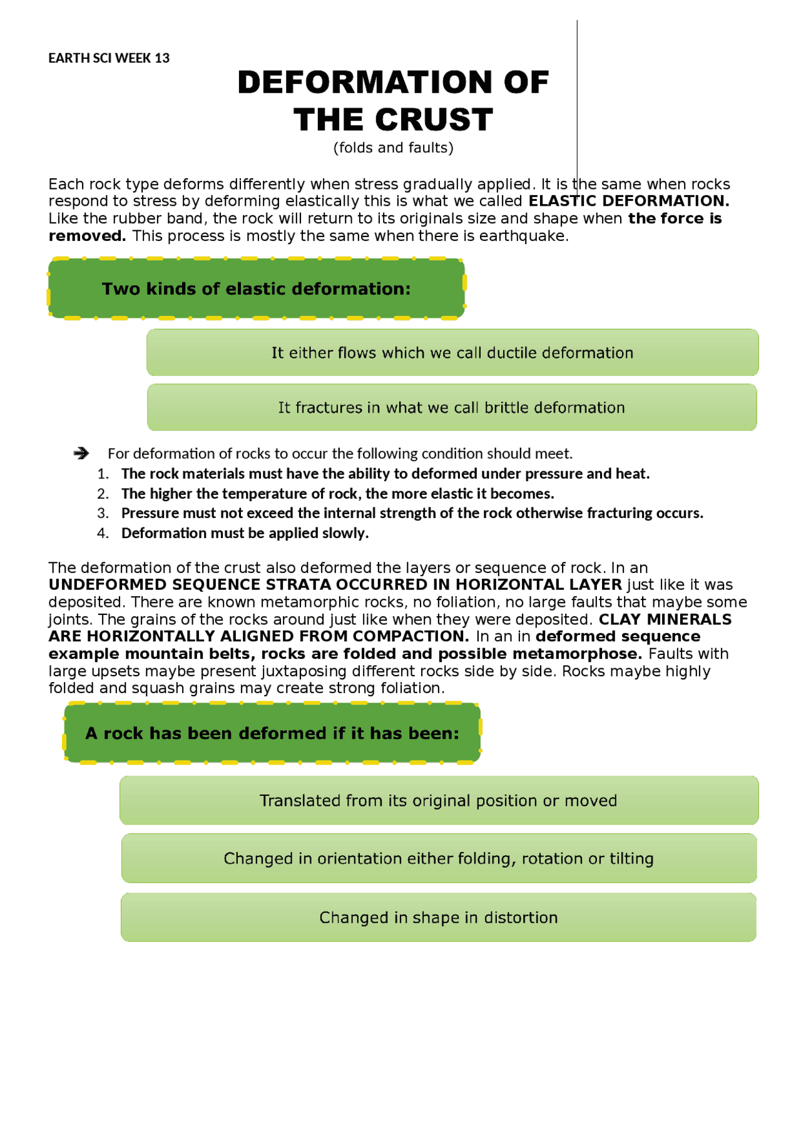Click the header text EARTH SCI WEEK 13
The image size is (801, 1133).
109,58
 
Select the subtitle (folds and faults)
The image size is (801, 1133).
393,148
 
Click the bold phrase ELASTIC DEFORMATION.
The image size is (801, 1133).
629,201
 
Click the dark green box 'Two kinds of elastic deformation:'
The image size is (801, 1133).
257,288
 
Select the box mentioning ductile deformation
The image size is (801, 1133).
452,353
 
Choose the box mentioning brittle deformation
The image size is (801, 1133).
452,408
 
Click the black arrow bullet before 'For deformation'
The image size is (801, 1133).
81,453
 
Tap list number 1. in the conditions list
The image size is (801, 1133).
103,474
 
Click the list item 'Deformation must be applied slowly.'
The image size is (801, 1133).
245,533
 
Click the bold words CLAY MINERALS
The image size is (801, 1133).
665,619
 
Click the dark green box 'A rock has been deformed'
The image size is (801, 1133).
272,733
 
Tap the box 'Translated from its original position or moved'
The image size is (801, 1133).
439,801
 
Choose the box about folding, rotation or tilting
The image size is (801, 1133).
439,858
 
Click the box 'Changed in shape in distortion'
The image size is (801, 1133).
439,918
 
